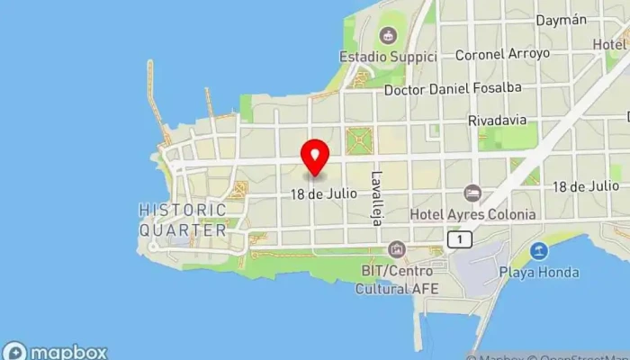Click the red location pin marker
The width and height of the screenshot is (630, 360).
click(314, 157)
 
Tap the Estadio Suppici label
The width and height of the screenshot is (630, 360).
click(387, 57)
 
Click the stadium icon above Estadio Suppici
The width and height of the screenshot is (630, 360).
click(388, 36)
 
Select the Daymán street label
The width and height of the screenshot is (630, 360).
click(561, 20)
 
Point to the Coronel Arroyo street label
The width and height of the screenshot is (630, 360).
click(502, 54)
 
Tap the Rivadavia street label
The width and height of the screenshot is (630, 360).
click(497, 120)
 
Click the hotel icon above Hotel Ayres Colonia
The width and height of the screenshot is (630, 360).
click(472, 193)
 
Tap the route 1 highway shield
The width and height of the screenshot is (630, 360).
click(460, 239)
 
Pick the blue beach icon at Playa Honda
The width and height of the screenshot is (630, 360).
click(540, 250)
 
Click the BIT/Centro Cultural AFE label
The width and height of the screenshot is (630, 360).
click(396, 279)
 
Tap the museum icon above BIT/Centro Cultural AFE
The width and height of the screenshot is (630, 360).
click(396, 249)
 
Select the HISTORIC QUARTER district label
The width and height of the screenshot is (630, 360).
click(183, 220)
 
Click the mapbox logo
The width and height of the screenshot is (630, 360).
click(56, 352)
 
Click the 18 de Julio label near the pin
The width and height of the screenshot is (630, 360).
click(324, 193)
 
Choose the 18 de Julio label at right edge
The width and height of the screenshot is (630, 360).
click(584, 186)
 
